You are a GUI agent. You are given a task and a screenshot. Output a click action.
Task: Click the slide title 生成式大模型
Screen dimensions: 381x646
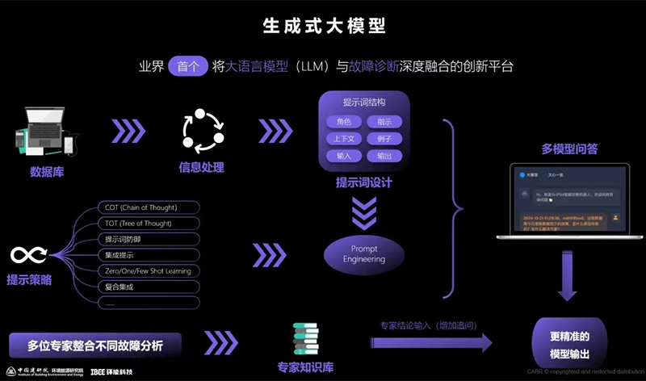point(323,26)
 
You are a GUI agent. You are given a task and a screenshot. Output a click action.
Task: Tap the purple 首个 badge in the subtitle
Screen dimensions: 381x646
point(187,67)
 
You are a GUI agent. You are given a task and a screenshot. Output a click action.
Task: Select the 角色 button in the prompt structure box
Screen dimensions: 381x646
point(342,122)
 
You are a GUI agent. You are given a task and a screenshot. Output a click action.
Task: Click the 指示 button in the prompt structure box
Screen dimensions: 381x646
point(384,122)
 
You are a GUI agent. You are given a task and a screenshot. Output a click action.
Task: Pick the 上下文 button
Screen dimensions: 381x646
point(342,139)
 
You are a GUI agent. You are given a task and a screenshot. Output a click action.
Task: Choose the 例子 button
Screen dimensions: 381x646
point(384,139)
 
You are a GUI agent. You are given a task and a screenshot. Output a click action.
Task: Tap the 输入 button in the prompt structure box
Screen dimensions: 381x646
point(342,156)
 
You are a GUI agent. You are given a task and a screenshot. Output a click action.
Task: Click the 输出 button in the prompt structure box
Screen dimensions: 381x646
point(384,156)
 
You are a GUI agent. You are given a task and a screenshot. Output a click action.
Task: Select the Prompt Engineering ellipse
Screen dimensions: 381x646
point(363,254)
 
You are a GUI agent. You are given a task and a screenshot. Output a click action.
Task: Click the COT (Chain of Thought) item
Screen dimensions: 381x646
point(141,207)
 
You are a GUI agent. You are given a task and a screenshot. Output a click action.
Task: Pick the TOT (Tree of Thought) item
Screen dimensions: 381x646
point(141,224)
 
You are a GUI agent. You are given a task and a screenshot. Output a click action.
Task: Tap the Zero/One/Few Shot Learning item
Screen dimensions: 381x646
point(146,271)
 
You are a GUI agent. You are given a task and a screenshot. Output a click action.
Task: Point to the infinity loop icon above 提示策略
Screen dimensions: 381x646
point(28,256)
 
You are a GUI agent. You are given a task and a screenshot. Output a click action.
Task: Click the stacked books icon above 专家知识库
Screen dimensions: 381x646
point(304,339)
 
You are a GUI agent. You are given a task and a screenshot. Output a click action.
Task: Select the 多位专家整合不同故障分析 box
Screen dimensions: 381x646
point(95,345)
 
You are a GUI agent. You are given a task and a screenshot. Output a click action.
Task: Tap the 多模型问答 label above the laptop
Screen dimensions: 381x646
point(569,149)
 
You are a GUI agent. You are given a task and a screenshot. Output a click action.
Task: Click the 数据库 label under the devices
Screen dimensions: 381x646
point(47,171)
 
